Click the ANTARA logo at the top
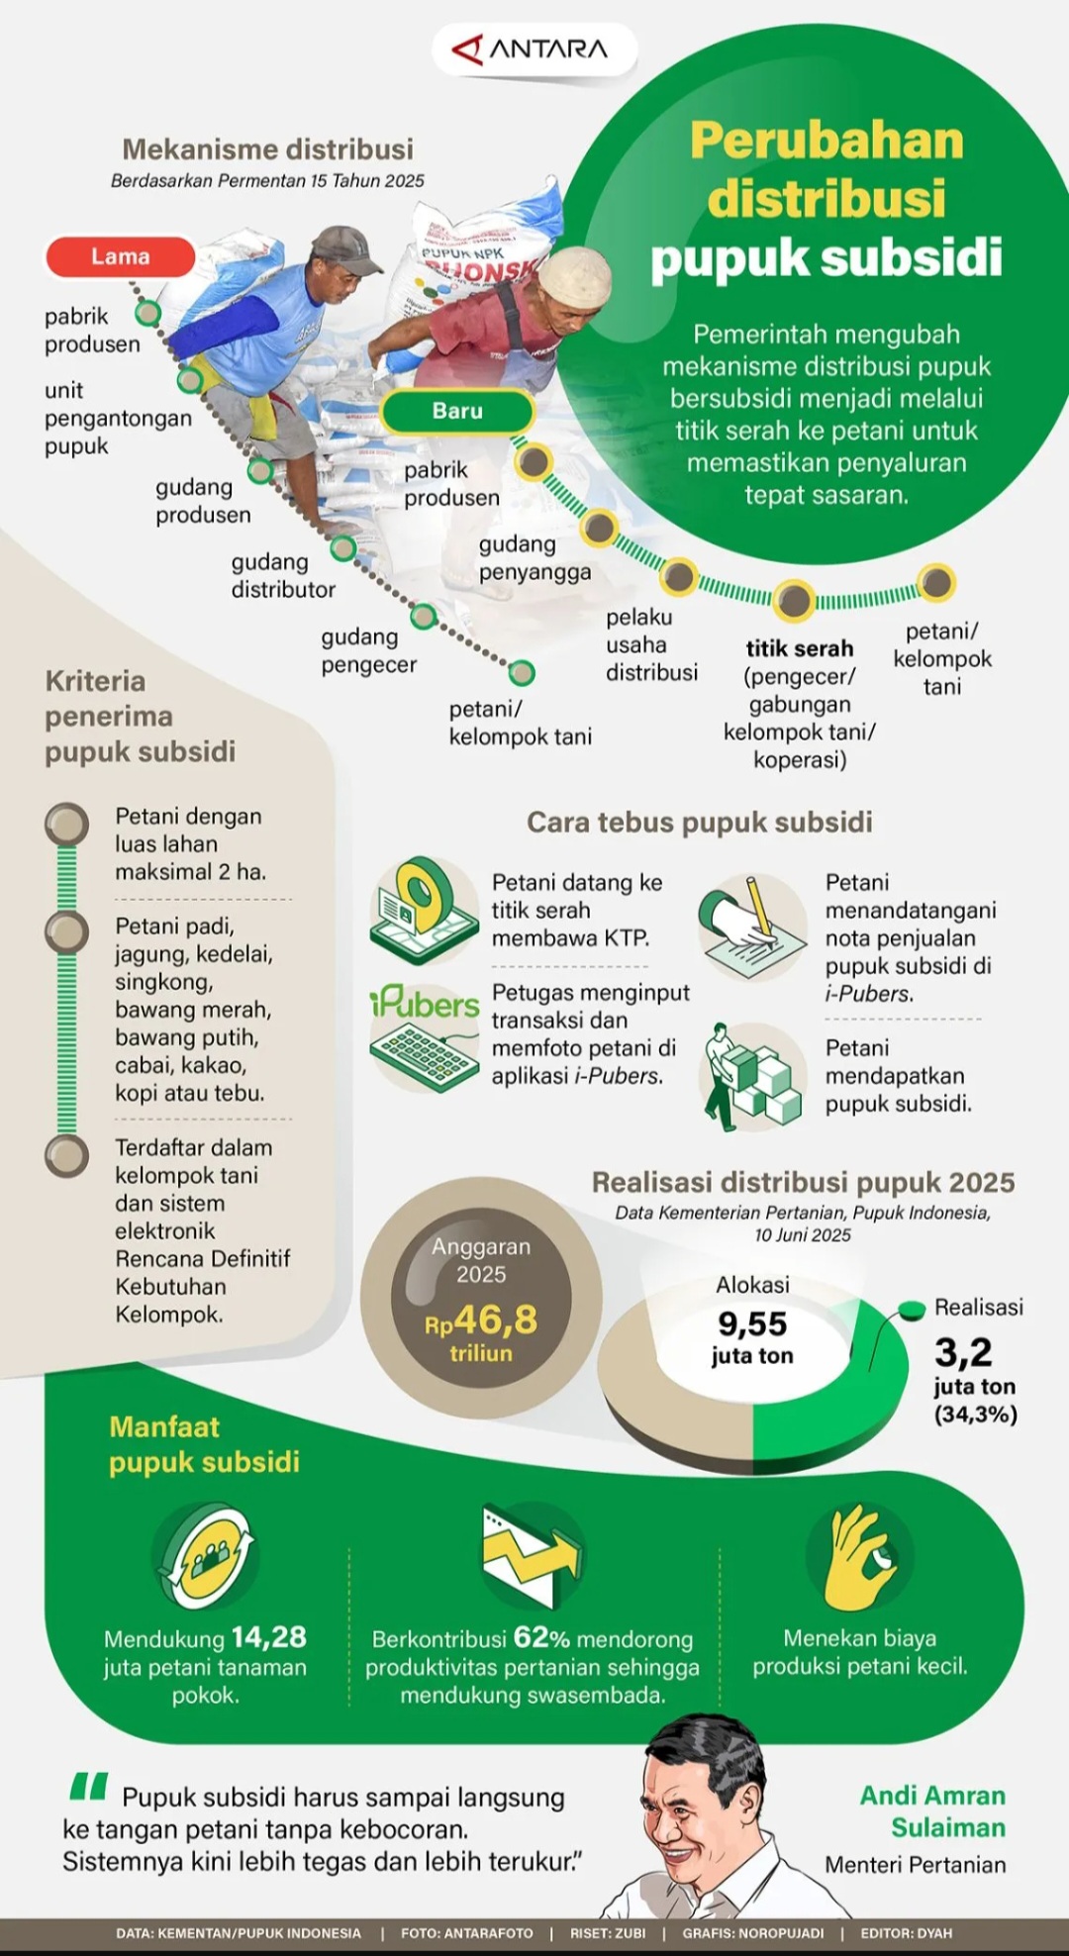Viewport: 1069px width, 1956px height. [x=533, y=49]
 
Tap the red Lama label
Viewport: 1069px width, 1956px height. [x=120, y=257]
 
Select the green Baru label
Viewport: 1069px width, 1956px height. [x=456, y=411]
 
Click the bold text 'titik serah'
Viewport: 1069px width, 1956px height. [x=799, y=648]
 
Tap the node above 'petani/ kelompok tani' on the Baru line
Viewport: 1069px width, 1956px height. [x=935, y=583]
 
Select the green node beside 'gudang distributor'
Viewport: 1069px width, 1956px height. [x=342, y=547]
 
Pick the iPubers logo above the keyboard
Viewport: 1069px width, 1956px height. [x=425, y=1004]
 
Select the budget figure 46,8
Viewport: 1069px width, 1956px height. [x=495, y=1320]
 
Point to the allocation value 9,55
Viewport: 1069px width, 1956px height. [x=752, y=1324]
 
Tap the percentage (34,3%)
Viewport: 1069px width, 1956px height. [x=975, y=1415]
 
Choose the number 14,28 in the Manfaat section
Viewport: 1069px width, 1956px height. [x=269, y=1637]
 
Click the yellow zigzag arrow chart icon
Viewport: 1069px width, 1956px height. [x=532, y=1554]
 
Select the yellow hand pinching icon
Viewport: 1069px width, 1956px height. [x=859, y=1556]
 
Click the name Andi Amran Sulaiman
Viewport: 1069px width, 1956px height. [x=932, y=1811]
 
